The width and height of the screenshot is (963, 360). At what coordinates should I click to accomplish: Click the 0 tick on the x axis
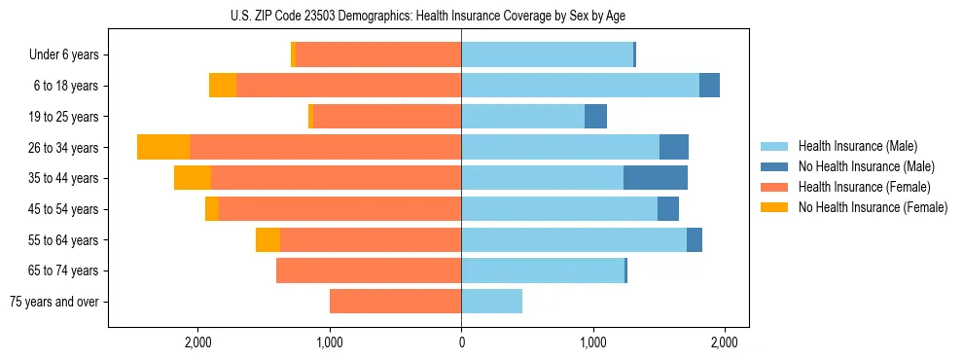click(x=461, y=342)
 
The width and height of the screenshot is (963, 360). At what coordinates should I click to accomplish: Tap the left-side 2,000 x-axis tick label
click(x=197, y=342)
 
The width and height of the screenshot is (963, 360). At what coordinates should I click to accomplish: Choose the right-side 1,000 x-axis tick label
click(x=592, y=342)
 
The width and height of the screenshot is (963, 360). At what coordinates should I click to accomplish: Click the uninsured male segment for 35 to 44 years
click(x=656, y=178)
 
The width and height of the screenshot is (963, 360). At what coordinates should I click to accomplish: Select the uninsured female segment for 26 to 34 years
click(x=163, y=147)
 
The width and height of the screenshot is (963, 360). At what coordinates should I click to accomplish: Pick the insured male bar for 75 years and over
click(x=491, y=302)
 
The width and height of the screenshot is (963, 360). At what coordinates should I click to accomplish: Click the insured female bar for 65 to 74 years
click(x=369, y=270)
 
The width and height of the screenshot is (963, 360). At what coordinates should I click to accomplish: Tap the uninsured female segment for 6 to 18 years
click(x=223, y=86)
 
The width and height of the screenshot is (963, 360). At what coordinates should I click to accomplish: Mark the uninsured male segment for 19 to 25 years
click(x=595, y=117)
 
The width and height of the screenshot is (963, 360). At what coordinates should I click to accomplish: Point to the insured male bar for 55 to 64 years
click(x=574, y=239)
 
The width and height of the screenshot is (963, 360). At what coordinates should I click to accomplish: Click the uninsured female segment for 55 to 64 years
click(x=267, y=239)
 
